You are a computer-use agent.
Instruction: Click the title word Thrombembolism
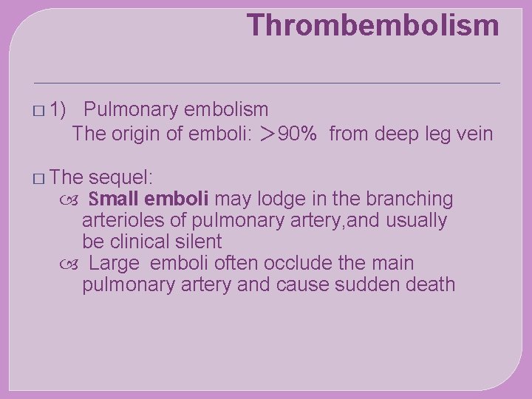coord(373,25)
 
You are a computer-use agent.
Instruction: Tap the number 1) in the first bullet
coord(60,110)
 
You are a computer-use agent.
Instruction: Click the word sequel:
coord(120,177)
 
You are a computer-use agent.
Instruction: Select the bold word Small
coord(114,199)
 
